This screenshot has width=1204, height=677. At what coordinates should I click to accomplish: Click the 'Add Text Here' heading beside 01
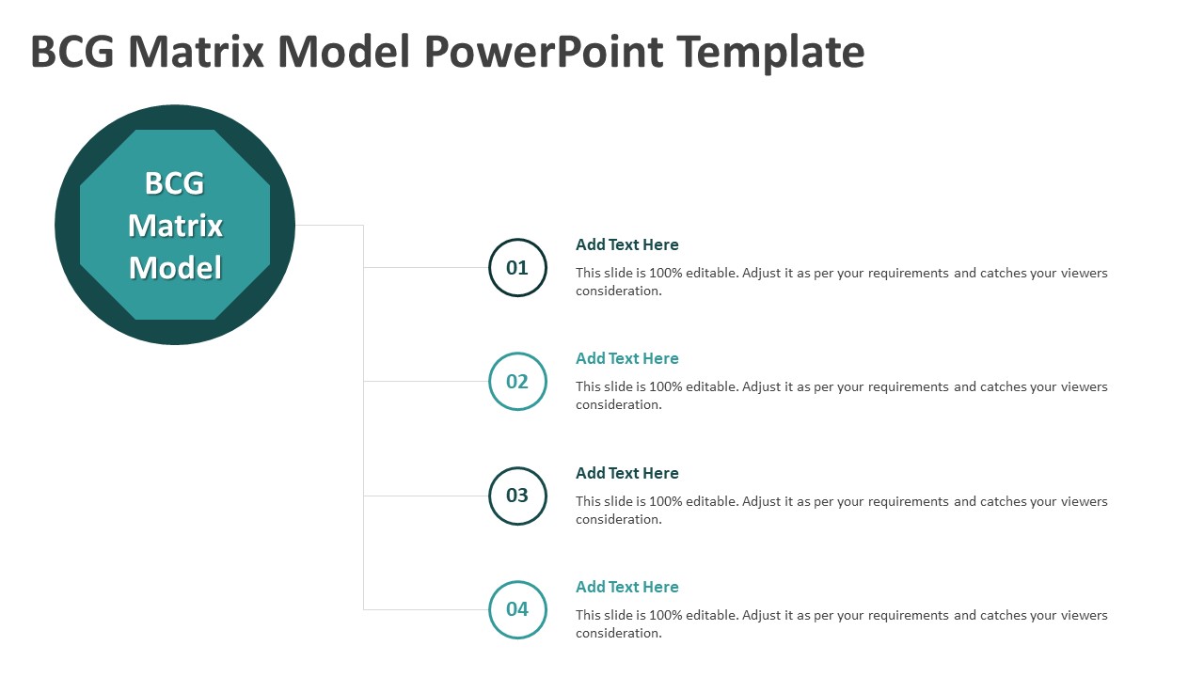click(626, 245)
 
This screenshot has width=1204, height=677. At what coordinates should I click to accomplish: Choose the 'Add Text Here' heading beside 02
click(626, 359)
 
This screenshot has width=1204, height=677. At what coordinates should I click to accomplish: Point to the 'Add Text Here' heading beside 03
click(626, 473)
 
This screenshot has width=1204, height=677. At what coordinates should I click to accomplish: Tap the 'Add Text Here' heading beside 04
click(626, 588)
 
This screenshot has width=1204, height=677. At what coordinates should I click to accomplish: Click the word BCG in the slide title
click(72, 52)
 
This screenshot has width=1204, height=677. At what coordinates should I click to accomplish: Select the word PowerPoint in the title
click(544, 52)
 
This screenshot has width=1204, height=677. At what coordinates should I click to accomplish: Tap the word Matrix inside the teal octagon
click(175, 226)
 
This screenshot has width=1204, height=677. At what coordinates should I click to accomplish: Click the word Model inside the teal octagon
click(175, 268)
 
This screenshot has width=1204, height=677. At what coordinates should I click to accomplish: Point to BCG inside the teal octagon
click(175, 183)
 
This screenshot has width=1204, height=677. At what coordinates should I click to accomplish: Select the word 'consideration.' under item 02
click(619, 405)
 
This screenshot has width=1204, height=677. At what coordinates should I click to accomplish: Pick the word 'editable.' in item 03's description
click(712, 501)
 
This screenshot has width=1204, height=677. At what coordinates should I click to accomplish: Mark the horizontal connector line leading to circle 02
click(426, 382)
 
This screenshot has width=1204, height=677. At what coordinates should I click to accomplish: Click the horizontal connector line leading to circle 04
click(426, 610)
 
